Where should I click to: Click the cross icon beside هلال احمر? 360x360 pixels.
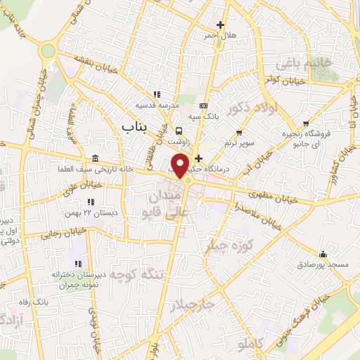221,25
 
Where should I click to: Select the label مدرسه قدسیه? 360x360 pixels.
165,105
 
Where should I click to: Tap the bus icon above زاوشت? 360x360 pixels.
179,131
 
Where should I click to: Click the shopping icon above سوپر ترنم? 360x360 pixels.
240,133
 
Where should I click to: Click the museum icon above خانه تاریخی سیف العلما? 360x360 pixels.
95,157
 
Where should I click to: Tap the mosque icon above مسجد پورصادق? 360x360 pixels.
322,254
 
